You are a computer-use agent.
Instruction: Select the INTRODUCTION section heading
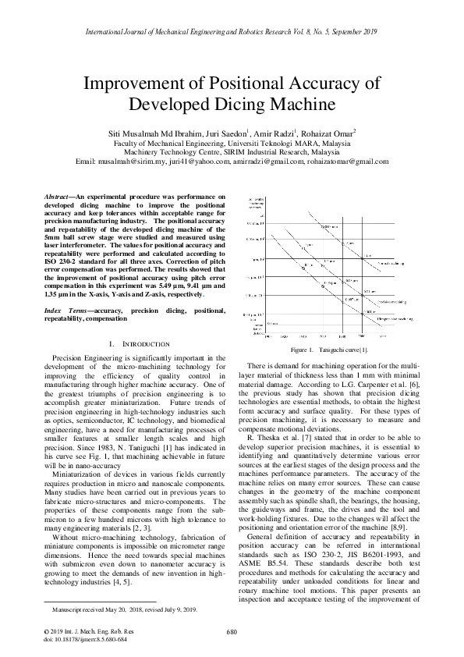point(137,344)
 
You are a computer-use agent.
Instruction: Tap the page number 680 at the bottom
point(232,631)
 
